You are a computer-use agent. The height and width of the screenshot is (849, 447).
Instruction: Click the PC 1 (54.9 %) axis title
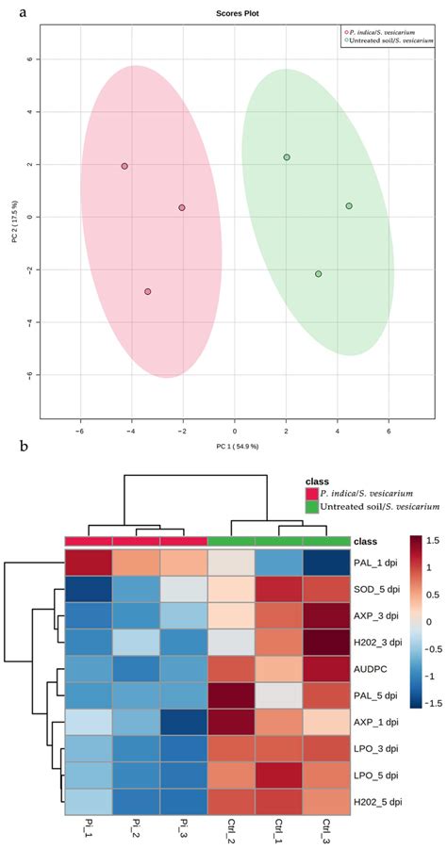[x=235, y=445]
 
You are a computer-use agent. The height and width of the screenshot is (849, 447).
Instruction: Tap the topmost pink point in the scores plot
[x=124, y=166]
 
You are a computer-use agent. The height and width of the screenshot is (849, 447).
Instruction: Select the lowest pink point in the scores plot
[x=148, y=292]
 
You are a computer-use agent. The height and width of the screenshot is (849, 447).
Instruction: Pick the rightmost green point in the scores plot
[x=349, y=206]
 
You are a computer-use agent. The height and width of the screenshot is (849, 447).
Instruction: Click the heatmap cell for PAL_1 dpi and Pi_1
[x=88, y=563]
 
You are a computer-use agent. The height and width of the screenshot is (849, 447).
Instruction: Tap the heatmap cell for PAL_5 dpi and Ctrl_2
[x=232, y=697]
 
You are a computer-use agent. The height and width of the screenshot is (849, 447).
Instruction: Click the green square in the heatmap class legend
[x=312, y=508]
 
